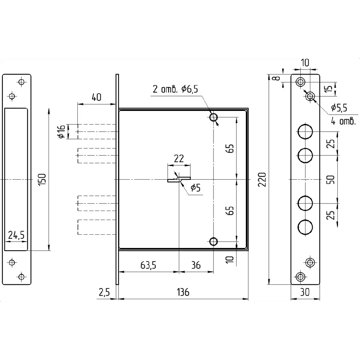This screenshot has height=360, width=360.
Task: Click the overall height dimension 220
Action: (x=262, y=179)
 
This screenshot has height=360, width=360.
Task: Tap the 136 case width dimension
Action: (x=183, y=292)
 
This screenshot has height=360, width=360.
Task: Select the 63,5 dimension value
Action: (x=148, y=265)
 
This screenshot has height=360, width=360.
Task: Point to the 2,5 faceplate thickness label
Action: (x=104, y=292)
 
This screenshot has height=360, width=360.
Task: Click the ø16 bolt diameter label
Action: (x=62, y=131)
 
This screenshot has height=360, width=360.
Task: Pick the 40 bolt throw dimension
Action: (x=96, y=97)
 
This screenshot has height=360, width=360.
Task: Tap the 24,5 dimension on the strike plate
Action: (x=16, y=235)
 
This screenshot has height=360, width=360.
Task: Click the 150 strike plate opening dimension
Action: (x=42, y=180)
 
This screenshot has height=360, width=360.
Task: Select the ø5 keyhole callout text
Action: (x=195, y=188)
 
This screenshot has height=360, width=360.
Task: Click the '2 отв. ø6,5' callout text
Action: (x=175, y=89)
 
